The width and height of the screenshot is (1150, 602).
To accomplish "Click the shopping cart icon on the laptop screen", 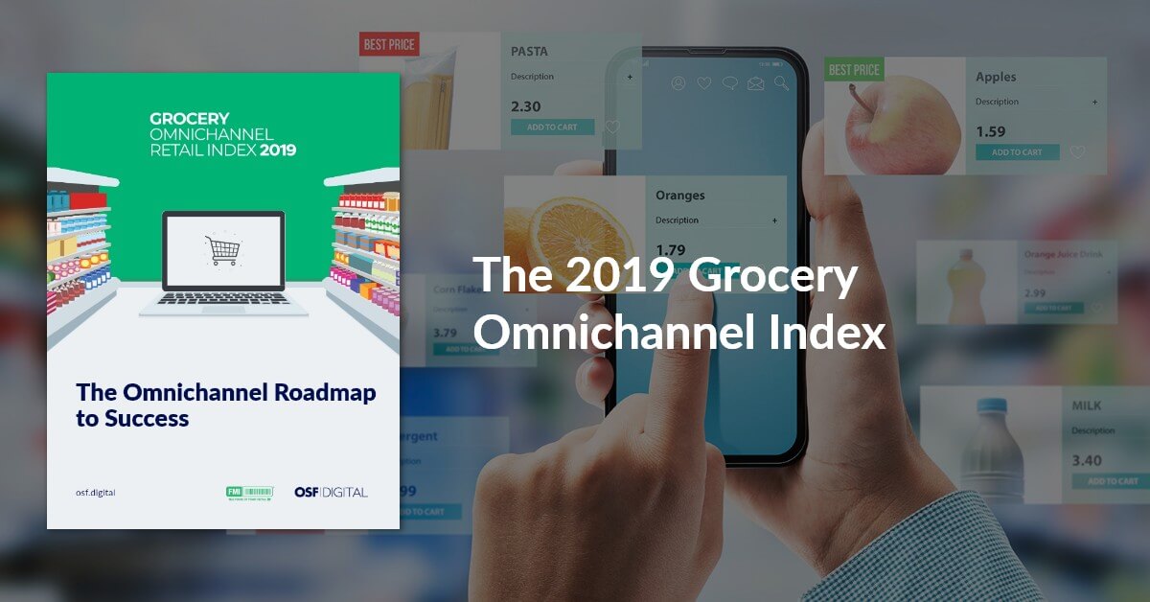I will coord(222,250).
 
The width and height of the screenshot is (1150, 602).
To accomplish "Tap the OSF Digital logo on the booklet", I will coord(331,493).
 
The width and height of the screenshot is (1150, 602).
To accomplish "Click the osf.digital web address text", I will coord(96,493).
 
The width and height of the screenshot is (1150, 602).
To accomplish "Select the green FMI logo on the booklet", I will coord(249,493).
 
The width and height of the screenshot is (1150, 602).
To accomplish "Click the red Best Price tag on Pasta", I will coord(388,43).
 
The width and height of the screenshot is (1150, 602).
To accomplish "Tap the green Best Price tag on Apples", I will coord(854,70).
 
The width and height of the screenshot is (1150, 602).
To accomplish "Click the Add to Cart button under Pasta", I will coord(552,127).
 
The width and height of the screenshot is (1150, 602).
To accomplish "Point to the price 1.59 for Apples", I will coord(991,132).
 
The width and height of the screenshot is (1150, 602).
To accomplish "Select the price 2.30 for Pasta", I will coord(526,107).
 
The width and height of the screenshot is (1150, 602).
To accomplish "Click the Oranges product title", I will coord(679,196).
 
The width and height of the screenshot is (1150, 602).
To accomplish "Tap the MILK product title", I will coord(1087,406).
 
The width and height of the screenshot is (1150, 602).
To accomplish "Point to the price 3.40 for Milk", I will coord(1087,461).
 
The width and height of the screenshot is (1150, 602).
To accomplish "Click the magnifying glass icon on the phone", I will coord(782,83).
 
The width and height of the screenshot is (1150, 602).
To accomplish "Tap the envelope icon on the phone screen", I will coord(756,83).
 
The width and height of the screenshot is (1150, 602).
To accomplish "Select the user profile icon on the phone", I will coord(678,83).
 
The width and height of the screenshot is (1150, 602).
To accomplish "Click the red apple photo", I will coord(902,124).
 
